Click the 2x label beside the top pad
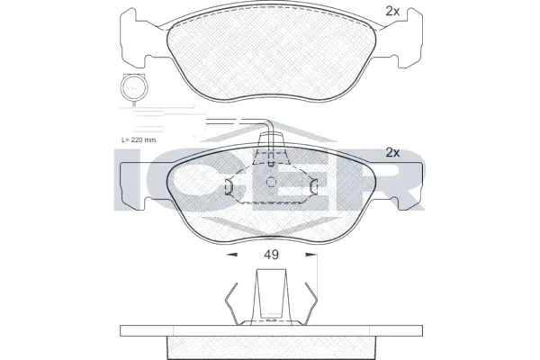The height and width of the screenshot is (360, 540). tap(391, 12)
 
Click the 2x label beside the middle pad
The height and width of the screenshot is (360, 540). tap(391, 152)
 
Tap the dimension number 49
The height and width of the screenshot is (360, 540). tap(271, 255)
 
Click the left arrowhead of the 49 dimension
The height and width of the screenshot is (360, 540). tap(229, 255)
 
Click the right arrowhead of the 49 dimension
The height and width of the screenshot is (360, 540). tap(312, 255)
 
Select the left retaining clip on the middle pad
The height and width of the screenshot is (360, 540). tap(229, 186)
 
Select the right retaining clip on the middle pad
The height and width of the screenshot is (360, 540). tap(313, 186)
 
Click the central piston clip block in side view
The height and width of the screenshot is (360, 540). tap(271, 297)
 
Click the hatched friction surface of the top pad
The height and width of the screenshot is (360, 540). tap(270, 49)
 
